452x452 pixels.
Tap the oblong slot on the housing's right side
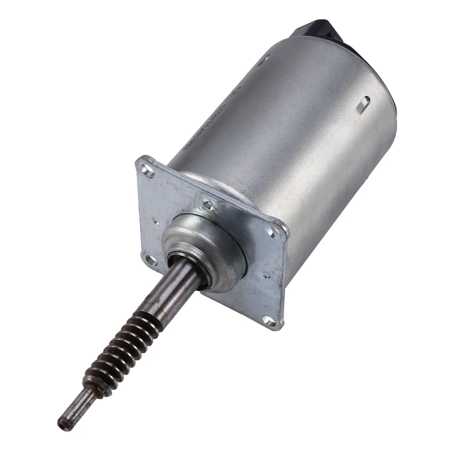tap(364, 103)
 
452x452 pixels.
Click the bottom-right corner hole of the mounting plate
tap(270, 321)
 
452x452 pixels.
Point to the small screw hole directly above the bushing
tap(208, 206)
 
